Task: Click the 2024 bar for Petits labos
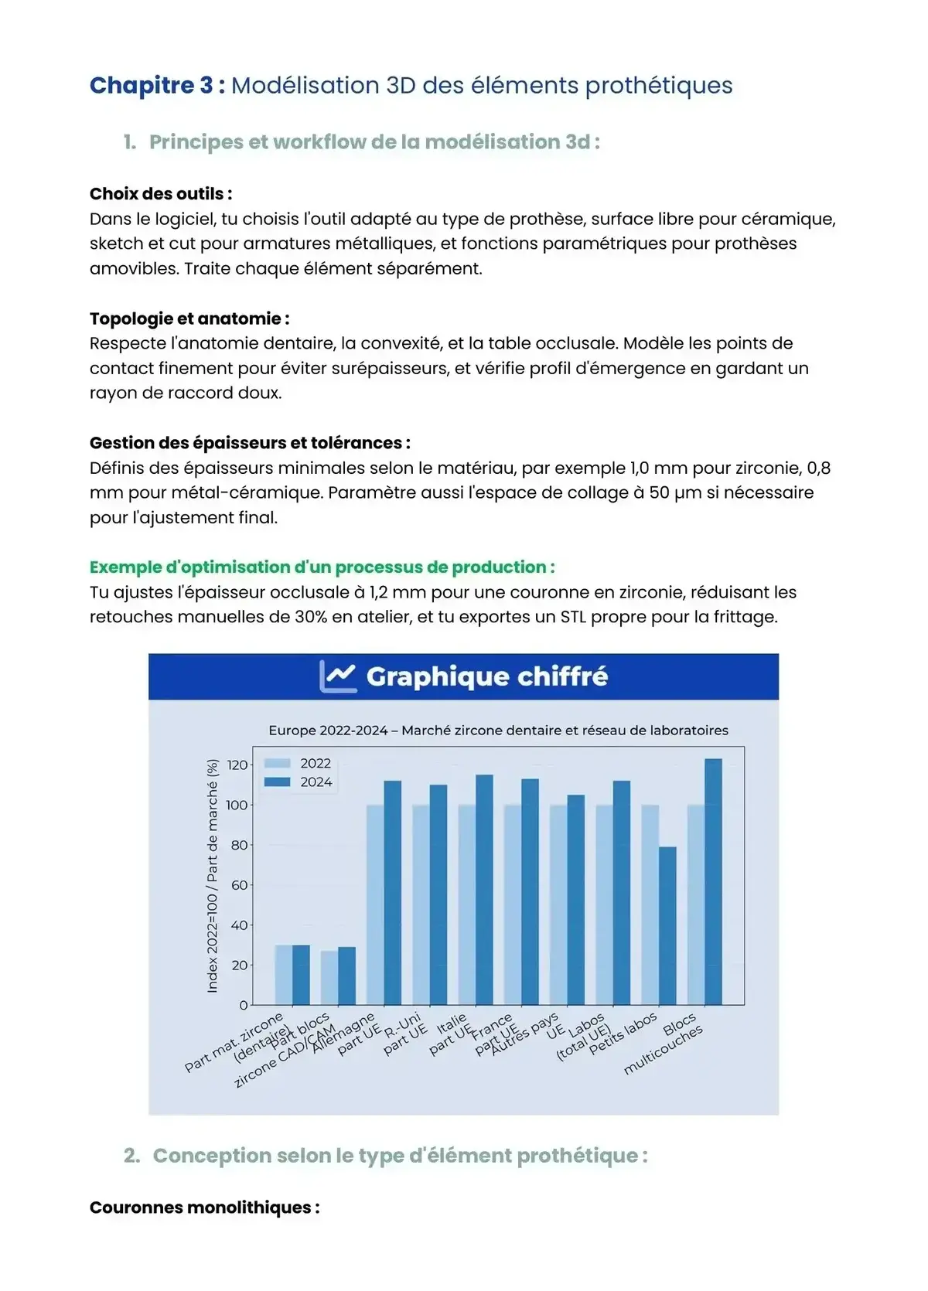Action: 667,925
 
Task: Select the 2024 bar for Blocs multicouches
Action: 713,881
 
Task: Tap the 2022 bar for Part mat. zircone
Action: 284,975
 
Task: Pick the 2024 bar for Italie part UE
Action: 484,890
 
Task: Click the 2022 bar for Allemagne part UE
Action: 375,904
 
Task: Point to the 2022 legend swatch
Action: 277,763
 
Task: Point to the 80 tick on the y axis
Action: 240,845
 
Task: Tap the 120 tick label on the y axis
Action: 237,765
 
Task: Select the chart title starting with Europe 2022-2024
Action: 498,731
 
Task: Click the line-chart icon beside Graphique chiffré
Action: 338,676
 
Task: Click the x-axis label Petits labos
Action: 623,1033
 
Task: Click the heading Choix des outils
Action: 161,194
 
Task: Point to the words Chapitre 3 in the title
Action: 152,85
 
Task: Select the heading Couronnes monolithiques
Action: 204,1208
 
